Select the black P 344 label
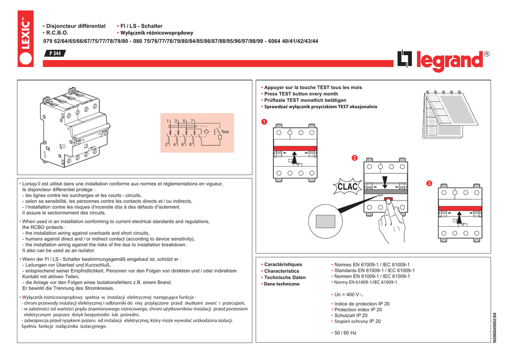coord(54,54)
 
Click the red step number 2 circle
coord(354,158)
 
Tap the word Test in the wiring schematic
coord(225,132)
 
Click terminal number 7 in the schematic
coord(191,121)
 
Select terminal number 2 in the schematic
coord(167,144)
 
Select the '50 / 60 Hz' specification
coord(345,333)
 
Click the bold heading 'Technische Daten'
coord(285,278)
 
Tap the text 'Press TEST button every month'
coord(301,94)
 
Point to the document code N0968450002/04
coord(494,328)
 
